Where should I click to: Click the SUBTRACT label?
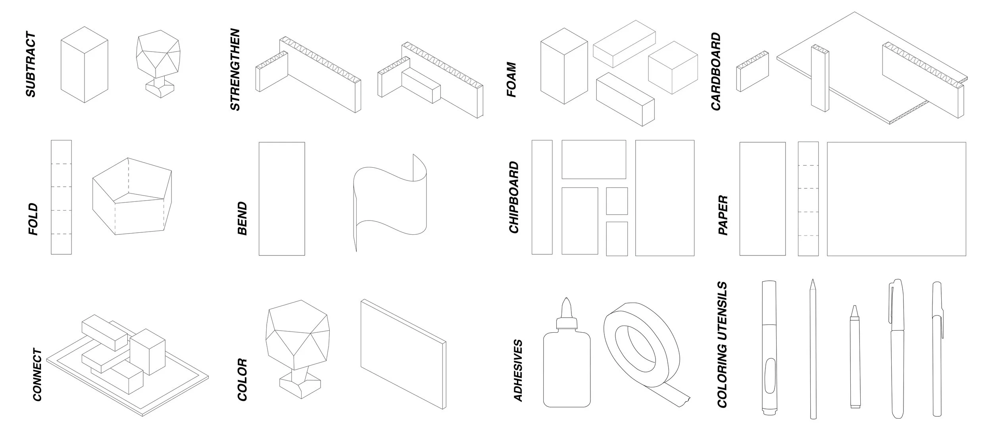(31, 65)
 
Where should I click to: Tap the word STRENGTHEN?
(235, 69)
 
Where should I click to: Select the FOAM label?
(512, 79)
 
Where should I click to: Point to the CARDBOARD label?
(715, 71)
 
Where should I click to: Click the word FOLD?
(34, 219)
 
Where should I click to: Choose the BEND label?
(242, 218)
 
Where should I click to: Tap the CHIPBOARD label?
(514, 197)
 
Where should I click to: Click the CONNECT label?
(37, 375)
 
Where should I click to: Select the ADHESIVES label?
(518, 370)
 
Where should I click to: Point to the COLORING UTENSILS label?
(722, 345)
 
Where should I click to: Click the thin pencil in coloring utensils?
(813, 349)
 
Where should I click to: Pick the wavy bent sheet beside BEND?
(389, 202)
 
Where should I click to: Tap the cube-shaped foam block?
(673, 67)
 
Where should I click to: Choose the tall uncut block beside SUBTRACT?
(84, 65)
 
